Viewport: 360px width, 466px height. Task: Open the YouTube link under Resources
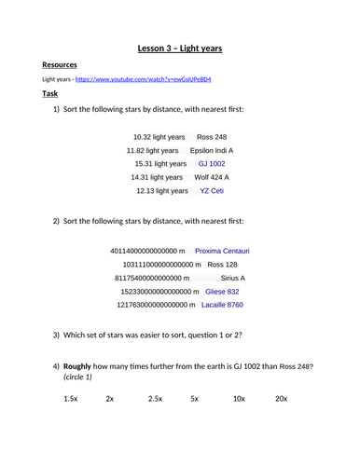click(148, 79)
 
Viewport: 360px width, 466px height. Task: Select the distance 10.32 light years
click(159, 136)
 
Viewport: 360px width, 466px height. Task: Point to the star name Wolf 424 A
click(212, 176)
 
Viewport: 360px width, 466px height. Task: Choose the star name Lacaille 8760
click(223, 304)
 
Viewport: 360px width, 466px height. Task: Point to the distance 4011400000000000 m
click(147, 251)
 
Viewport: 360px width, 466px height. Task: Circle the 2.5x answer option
click(155, 398)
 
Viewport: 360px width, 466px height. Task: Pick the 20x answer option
click(282, 398)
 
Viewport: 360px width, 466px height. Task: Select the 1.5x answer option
click(71, 398)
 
